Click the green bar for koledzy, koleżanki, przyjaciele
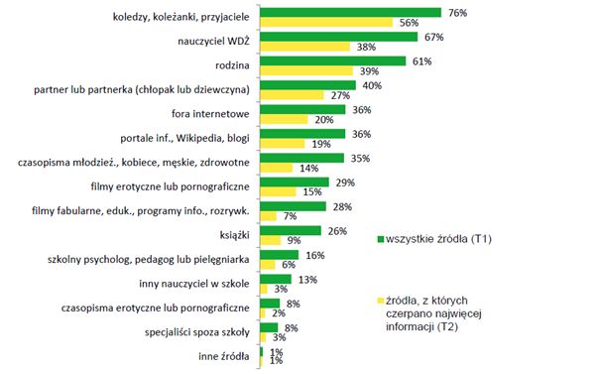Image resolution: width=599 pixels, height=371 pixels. (x=350, y=13)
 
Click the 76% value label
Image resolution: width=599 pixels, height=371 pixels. (x=457, y=13)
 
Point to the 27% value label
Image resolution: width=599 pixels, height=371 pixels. (x=339, y=95)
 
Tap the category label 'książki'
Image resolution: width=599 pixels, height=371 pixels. (x=235, y=234)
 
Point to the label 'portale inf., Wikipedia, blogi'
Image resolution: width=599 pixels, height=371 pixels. (x=184, y=137)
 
